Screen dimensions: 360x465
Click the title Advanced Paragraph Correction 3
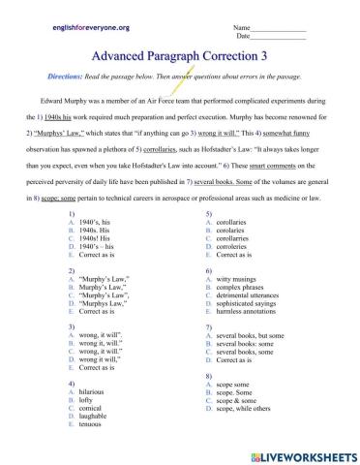coord(180,63)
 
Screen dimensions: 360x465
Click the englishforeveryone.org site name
coord(90,30)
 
